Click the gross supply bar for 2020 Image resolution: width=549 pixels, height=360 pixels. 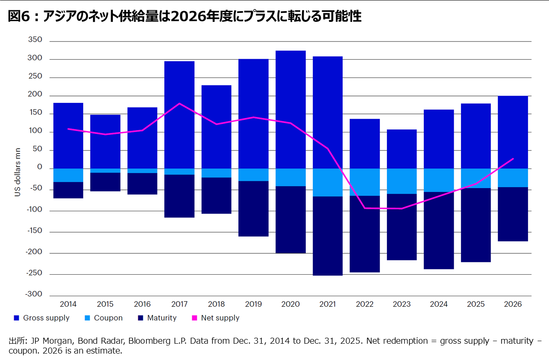pos(290,109)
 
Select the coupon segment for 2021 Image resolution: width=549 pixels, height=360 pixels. pos(327,182)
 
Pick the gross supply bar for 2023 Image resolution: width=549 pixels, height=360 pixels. pos(401,149)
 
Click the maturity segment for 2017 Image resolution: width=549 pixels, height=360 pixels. pos(179,196)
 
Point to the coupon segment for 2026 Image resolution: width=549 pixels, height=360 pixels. pos(513,178)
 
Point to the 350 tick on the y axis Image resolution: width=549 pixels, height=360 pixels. pos(36,40)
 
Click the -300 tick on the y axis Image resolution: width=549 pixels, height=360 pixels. pos(34,294)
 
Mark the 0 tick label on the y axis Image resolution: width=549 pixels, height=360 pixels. pos(39,168)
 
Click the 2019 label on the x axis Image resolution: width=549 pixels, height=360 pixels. pos(253,304)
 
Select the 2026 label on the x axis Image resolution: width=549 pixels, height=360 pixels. pos(513,304)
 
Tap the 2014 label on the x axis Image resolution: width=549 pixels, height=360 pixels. pos(68,304)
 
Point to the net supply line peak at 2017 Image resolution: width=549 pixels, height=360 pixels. pos(179,103)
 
